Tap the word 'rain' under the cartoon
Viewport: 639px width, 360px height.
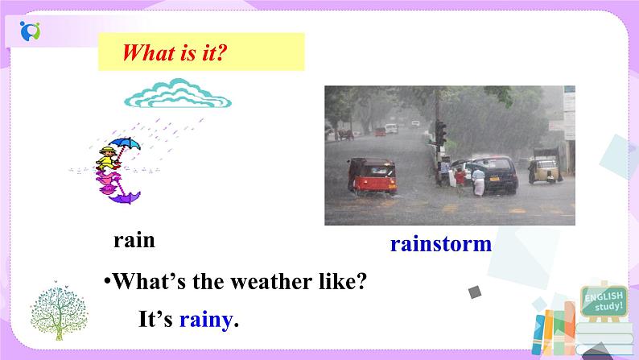134,240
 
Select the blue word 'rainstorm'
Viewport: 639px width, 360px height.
440,243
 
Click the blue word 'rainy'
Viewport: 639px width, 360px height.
205,320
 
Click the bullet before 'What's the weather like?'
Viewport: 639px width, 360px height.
105,283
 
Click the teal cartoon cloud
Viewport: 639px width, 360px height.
178,95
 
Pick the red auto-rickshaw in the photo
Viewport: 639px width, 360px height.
370,176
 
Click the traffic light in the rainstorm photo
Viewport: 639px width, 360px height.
440,132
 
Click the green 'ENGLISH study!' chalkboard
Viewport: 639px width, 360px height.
604,302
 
